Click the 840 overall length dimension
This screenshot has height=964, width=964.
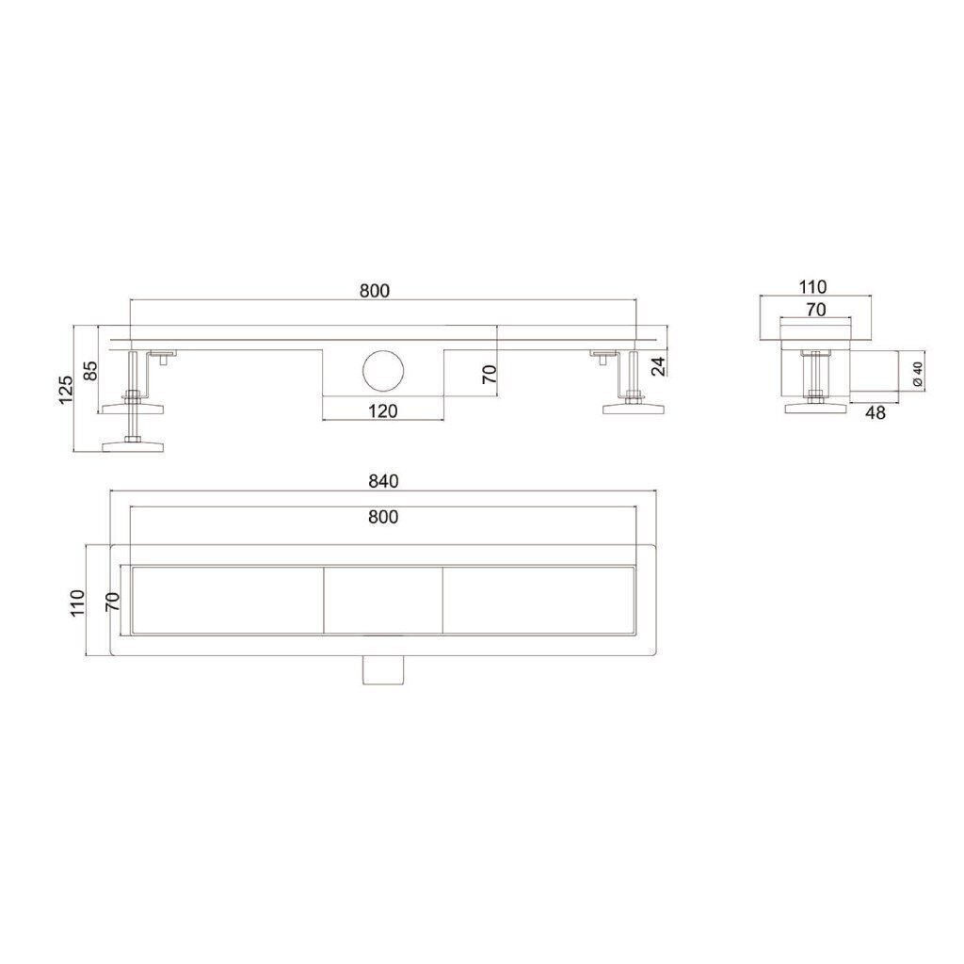tap(383, 481)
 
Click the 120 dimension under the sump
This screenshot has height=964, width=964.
tap(382, 410)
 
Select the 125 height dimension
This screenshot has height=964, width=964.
tap(67, 389)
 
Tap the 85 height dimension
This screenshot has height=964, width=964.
tap(89, 370)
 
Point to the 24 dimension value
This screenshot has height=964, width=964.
tap(658, 366)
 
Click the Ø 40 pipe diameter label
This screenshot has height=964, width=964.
tap(918, 374)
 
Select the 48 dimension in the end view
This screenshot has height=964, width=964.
tap(875, 412)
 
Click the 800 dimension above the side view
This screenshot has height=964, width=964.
tap(375, 290)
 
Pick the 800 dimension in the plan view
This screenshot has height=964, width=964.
tap(383, 517)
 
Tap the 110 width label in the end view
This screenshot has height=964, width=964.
tap(812, 286)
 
